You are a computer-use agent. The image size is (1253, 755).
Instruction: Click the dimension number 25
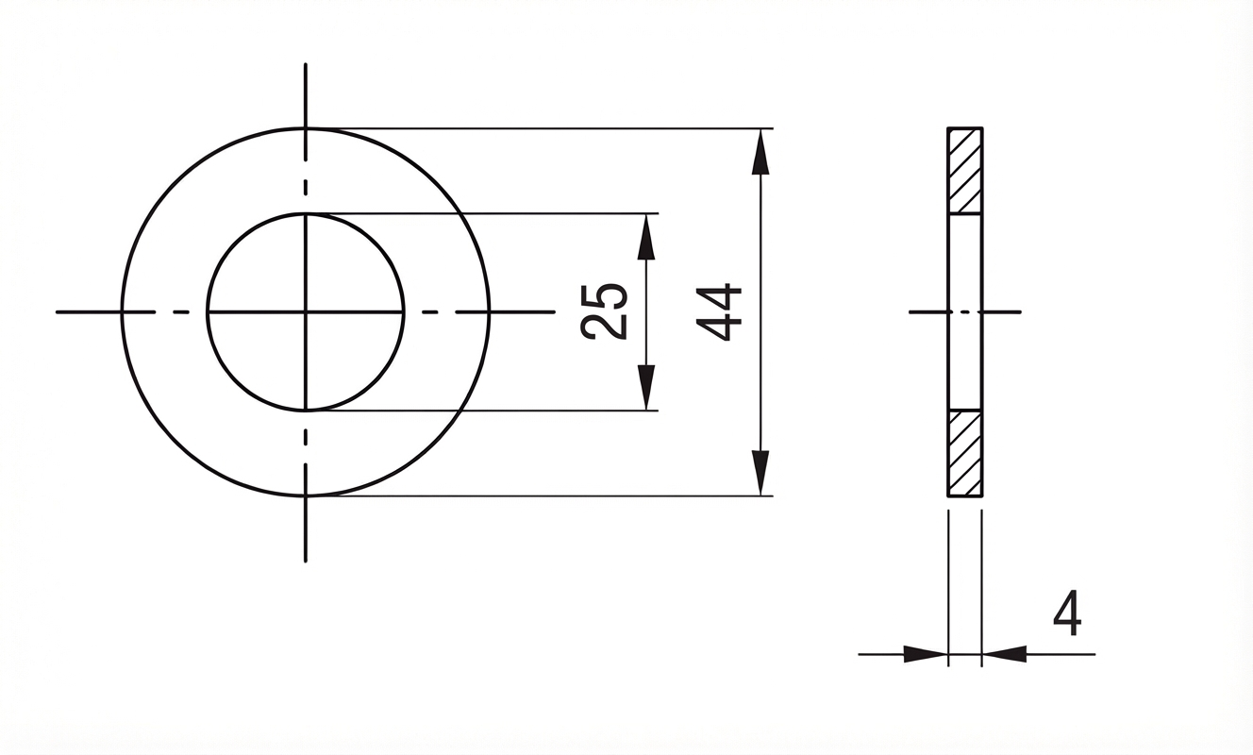[604, 311]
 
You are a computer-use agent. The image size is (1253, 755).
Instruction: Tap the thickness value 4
[1067, 612]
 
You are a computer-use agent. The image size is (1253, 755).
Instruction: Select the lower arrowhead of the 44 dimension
[760, 473]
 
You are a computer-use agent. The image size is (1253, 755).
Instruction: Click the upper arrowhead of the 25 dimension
[646, 237]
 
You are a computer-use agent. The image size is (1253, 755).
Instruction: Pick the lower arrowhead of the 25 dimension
[646, 387]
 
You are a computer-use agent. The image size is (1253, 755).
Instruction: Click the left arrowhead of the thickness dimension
[926, 654]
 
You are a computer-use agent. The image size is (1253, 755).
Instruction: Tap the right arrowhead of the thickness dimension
[1004, 654]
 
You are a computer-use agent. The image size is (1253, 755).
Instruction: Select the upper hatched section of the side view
[965, 171]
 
